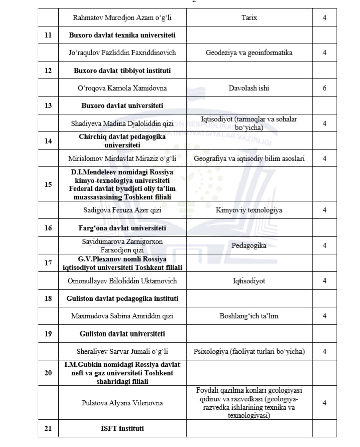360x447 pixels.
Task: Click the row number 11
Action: (x=48, y=36)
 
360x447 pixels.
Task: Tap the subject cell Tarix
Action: (x=249, y=18)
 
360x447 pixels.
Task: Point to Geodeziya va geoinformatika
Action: (x=249, y=53)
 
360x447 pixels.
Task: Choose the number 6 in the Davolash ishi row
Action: (x=324, y=88)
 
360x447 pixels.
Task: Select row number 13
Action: (x=48, y=106)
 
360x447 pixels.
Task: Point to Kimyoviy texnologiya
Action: (x=249, y=210)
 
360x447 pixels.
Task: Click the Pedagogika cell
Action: (x=249, y=246)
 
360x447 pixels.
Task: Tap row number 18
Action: (x=48, y=299)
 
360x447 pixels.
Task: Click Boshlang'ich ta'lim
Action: (x=249, y=316)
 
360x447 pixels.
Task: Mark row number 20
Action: (x=48, y=373)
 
